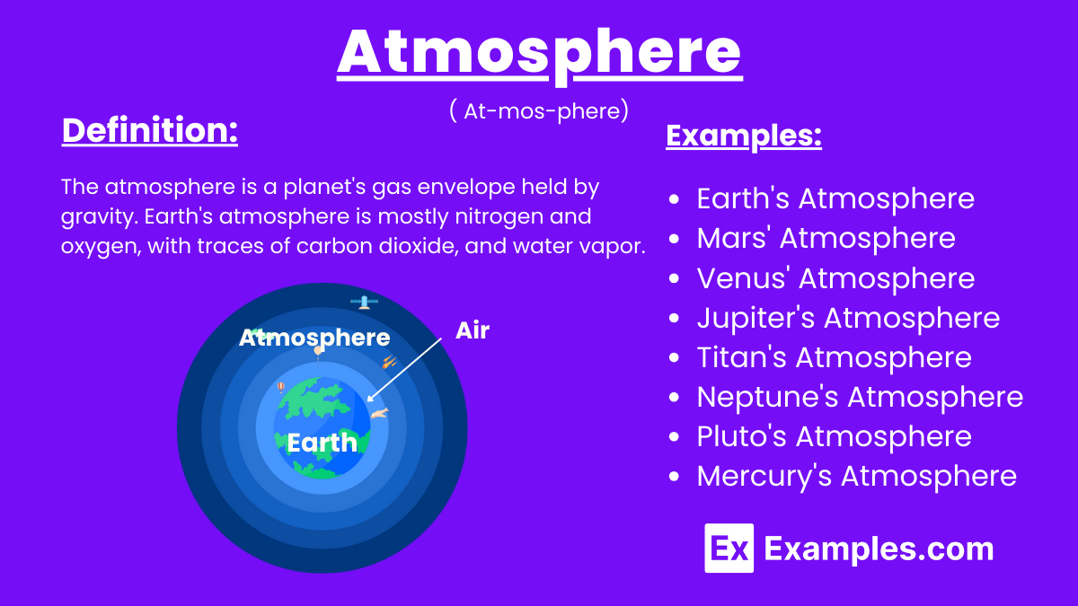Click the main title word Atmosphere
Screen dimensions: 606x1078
click(539, 52)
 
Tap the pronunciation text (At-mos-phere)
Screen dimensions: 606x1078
click(538, 110)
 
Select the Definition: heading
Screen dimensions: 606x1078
click(149, 131)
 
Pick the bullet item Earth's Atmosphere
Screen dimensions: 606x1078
click(835, 198)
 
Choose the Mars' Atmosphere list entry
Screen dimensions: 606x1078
click(825, 238)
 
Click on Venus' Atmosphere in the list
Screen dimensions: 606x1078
click(835, 278)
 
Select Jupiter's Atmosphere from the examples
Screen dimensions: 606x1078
click(847, 318)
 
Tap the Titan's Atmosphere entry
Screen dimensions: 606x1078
click(833, 357)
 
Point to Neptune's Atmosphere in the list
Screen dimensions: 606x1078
click(859, 397)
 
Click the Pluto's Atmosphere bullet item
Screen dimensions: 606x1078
click(833, 436)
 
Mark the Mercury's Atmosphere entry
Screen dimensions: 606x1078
click(855, 476)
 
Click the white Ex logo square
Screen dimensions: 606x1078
click(729, 548)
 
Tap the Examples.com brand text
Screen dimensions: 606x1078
click(879, 549)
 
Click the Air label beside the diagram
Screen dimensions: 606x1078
click(473, 330)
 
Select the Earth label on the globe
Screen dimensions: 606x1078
click(322, 443)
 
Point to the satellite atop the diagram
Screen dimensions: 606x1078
click(364, 303)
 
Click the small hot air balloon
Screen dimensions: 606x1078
click(281, 386)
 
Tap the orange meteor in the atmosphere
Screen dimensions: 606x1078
click(390, 362)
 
